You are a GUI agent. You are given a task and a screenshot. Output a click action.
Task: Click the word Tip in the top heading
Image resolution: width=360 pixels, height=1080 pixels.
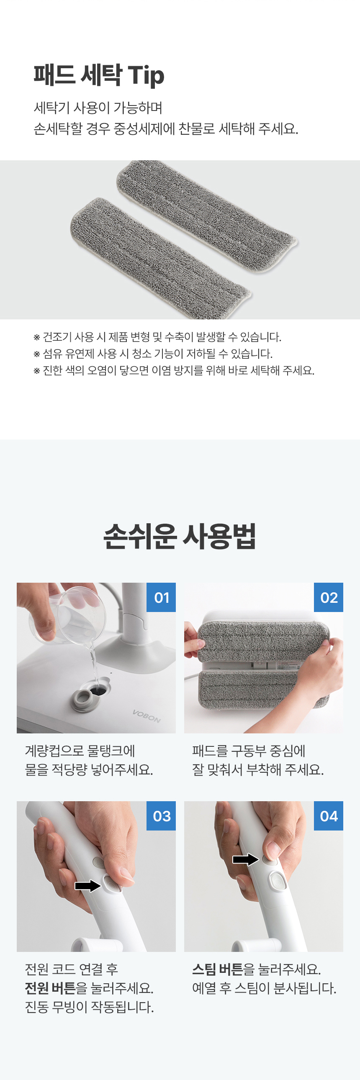(x=146, y=76)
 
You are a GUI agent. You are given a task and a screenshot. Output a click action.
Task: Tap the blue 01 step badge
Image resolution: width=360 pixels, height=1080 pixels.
(x=161, y=597)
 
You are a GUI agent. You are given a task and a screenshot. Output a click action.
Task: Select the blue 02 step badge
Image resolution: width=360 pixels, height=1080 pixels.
(x=329, y=597)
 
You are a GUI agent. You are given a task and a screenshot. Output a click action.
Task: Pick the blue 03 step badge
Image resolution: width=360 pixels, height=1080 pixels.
(x=161, y=815)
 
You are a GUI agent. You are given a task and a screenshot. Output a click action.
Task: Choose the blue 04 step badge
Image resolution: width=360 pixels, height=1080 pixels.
(x=329, y=815)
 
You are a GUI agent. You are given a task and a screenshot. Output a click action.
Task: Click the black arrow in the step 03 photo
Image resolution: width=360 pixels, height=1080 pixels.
(x=88, y=885)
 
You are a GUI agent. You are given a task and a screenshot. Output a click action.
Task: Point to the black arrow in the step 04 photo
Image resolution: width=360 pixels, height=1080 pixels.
(x=246, y=859)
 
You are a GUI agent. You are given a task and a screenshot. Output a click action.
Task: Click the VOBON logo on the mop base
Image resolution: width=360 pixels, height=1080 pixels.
(x=146, y=716)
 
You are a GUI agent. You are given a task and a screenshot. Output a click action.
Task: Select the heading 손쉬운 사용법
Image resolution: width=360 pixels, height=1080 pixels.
(x=180, y=536)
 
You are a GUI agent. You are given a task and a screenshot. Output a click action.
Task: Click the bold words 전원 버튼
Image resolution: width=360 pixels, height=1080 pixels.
(x=50, y=988)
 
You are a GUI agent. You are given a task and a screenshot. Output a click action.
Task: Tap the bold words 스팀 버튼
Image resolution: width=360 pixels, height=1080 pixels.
(x=218, y=969)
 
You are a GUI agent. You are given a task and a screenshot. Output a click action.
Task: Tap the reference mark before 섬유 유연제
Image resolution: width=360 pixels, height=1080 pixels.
(x=37, y=354)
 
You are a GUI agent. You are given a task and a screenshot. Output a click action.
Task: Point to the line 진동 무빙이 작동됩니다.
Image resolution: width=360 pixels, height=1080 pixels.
(x=89, y=1007)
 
